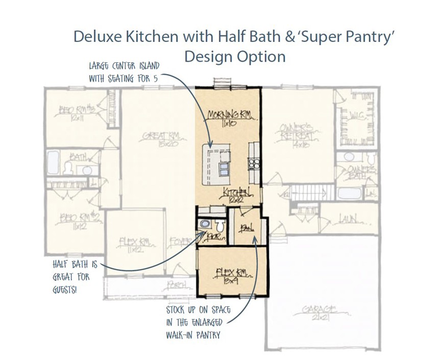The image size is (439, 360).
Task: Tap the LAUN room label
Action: coord(347,220)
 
